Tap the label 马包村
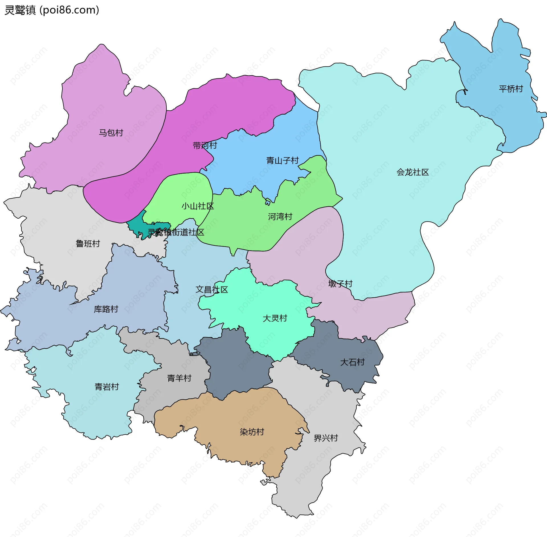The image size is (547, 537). [111, 133]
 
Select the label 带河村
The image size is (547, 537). [205, 146]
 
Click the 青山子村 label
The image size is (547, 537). [282, 161]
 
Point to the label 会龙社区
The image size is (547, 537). [413, 172]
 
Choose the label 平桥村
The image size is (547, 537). [511, 89]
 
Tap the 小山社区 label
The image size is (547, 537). [198, 206]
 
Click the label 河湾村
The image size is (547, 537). [280, 217]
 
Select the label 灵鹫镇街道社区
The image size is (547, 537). [176, 232]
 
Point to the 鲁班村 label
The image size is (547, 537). [88, 244]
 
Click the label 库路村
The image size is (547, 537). [106, 309]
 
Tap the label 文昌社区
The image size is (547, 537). [212, 290]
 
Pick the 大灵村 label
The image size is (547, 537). [275, 318]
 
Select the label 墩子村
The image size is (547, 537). [340, 284]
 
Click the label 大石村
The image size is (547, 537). [352, 362]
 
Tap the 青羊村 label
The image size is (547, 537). [179, 378]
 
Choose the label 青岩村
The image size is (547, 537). [107, 387]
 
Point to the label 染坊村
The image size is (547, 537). [252, 432]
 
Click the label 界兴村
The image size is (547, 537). [326, 438]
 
